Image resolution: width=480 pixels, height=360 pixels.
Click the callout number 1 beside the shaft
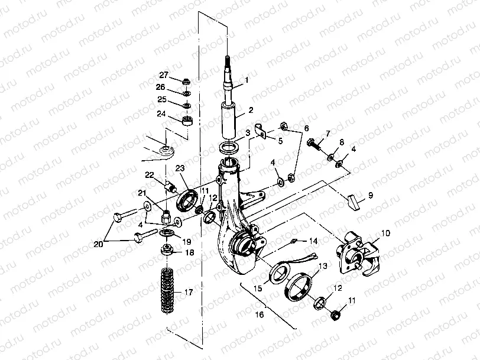(x=247, y=79)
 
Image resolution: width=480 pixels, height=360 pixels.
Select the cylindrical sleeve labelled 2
(x=229, y=120)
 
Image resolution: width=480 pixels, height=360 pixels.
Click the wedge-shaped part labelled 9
(x=354, y=201)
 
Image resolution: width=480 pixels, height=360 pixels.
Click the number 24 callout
(x=161, y=114)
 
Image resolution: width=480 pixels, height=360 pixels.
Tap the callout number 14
(x=313, y=241)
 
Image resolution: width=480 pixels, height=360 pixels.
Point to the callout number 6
(x=306, y=128)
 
